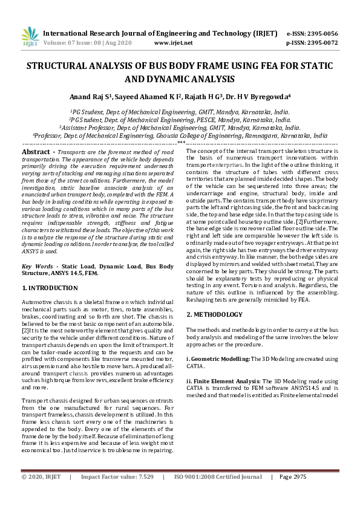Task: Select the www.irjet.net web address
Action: [173, 43]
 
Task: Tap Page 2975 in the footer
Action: [293, 477]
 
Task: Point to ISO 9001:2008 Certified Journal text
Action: [218, 477]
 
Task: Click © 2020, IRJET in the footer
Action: [41, 477]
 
